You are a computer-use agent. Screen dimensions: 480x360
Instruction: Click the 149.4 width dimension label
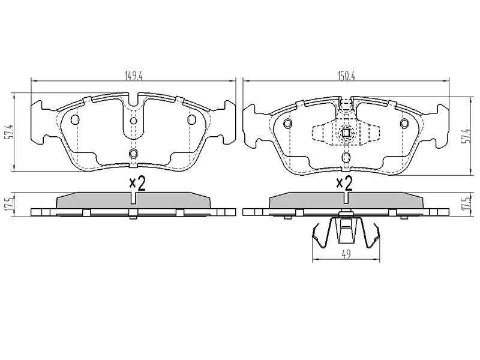coord(133,76)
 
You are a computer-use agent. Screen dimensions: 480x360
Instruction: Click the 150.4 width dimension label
coord(346,76)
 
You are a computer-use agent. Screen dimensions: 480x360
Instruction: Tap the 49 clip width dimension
coord(346,254)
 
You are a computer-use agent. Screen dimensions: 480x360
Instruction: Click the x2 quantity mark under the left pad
coord(137,184)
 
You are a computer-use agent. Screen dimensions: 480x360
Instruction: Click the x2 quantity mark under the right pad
coord(344,184)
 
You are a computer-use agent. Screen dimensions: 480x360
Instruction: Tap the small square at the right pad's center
coord(346,133)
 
